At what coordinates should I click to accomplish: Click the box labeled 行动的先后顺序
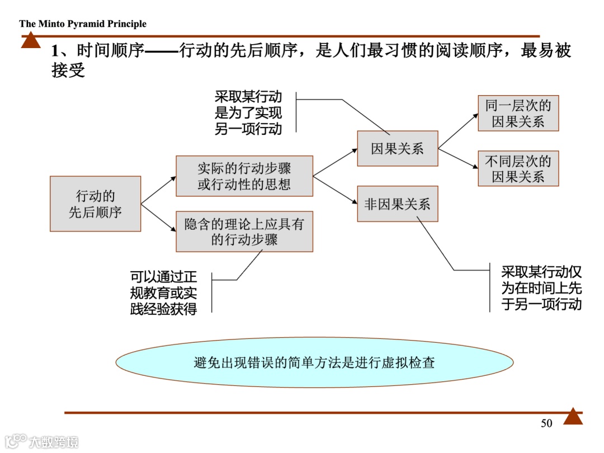click(95, 204)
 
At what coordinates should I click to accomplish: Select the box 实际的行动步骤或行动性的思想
click(244, 176)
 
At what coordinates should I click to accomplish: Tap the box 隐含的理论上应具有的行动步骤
click(244, 232)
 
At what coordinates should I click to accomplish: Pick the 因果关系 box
click(397, 148)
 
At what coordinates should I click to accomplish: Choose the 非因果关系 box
click(397, 204)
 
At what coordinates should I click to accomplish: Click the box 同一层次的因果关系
click(518, 113)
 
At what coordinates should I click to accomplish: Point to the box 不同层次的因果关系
click(518, 169)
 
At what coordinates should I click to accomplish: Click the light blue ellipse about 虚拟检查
click(314, 362)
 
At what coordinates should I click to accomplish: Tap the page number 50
click(546, 423)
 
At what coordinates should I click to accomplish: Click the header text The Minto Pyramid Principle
click(83, 23)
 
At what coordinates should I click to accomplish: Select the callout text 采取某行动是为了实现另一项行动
click(248, 112)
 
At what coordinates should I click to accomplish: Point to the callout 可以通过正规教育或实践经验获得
click(163, 292)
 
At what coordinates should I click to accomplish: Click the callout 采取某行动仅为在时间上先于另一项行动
click(541, 288)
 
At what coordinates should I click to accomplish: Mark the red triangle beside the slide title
click(31, 41)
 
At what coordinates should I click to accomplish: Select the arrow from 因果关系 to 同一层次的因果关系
click(458, 131)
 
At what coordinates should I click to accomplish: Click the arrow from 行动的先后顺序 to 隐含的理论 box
click(158, 218)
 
